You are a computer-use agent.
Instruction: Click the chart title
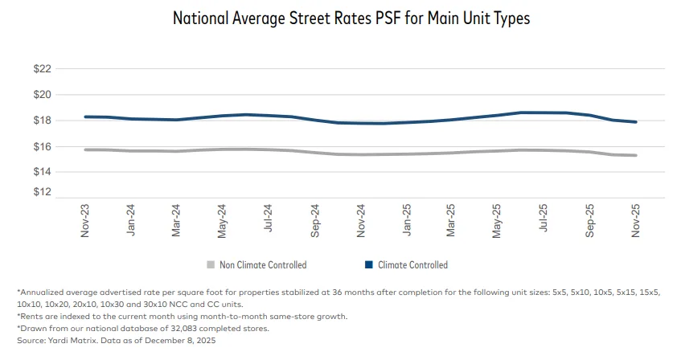point(351,18)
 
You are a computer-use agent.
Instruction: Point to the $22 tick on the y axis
point(42,70)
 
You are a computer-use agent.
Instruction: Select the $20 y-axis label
point(42,95)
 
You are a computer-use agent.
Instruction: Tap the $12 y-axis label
point(42,193)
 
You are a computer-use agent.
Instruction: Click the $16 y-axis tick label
point(42,146)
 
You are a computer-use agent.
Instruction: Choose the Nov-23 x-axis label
point(85,219)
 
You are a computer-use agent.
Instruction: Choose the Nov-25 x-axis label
point(635,219)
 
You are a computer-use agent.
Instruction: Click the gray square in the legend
point(211,264)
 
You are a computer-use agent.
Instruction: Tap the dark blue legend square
point(368,264)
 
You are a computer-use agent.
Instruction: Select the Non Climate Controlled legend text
point(263,264)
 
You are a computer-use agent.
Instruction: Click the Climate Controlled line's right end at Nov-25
point(637,122)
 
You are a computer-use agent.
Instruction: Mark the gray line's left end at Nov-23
point(85,149)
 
